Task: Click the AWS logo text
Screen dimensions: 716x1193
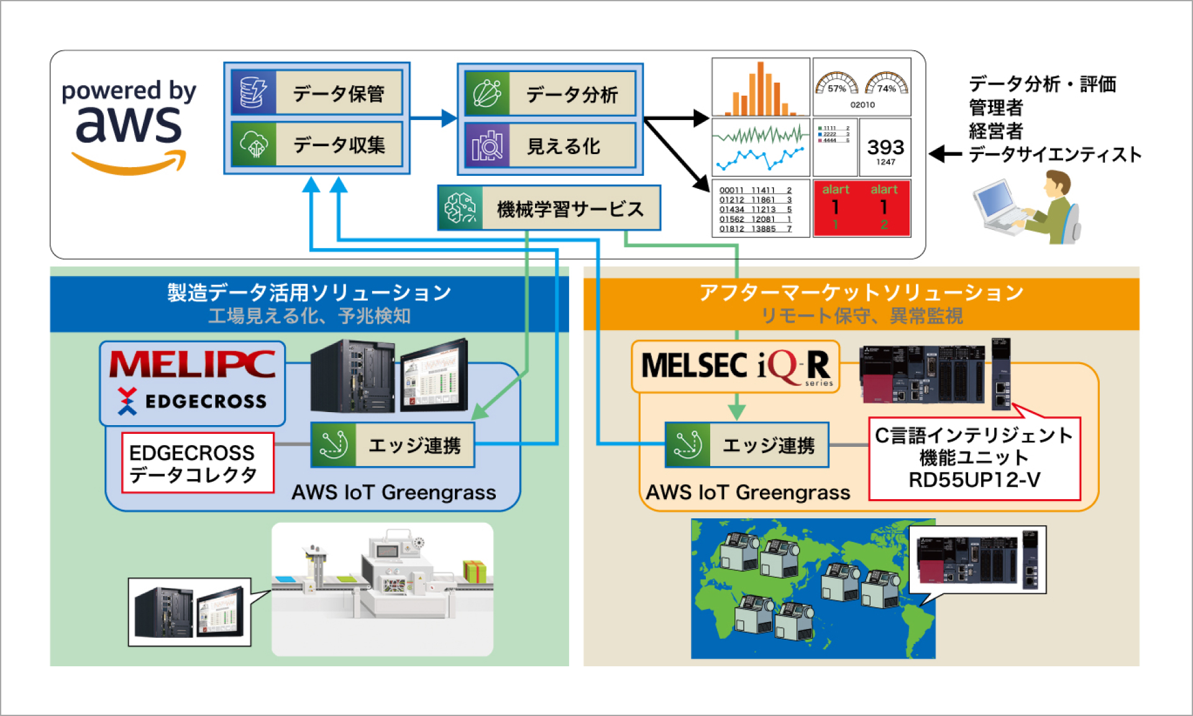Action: coord(129,124)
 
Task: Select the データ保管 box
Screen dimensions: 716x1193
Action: coord(317,93)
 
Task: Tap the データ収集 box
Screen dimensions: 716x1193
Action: coord(317,145)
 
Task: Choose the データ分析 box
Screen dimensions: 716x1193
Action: coord(551,94)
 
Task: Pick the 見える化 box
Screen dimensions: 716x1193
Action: coord(551,146)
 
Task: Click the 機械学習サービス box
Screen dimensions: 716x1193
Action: coord(549,208)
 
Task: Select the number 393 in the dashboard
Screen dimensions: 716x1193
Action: coord(885,147)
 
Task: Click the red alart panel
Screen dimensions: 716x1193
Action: coord(862,208)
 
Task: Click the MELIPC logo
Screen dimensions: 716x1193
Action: coord(193,364)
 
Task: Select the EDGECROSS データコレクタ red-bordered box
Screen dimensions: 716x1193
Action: coord(198,463)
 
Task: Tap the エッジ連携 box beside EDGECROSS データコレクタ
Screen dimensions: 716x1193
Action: coord(393,445)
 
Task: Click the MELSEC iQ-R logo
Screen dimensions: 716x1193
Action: coord(736,366)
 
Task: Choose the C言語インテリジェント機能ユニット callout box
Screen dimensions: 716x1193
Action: coord(974,459)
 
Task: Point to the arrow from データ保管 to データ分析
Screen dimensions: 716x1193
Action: coord(434,117)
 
